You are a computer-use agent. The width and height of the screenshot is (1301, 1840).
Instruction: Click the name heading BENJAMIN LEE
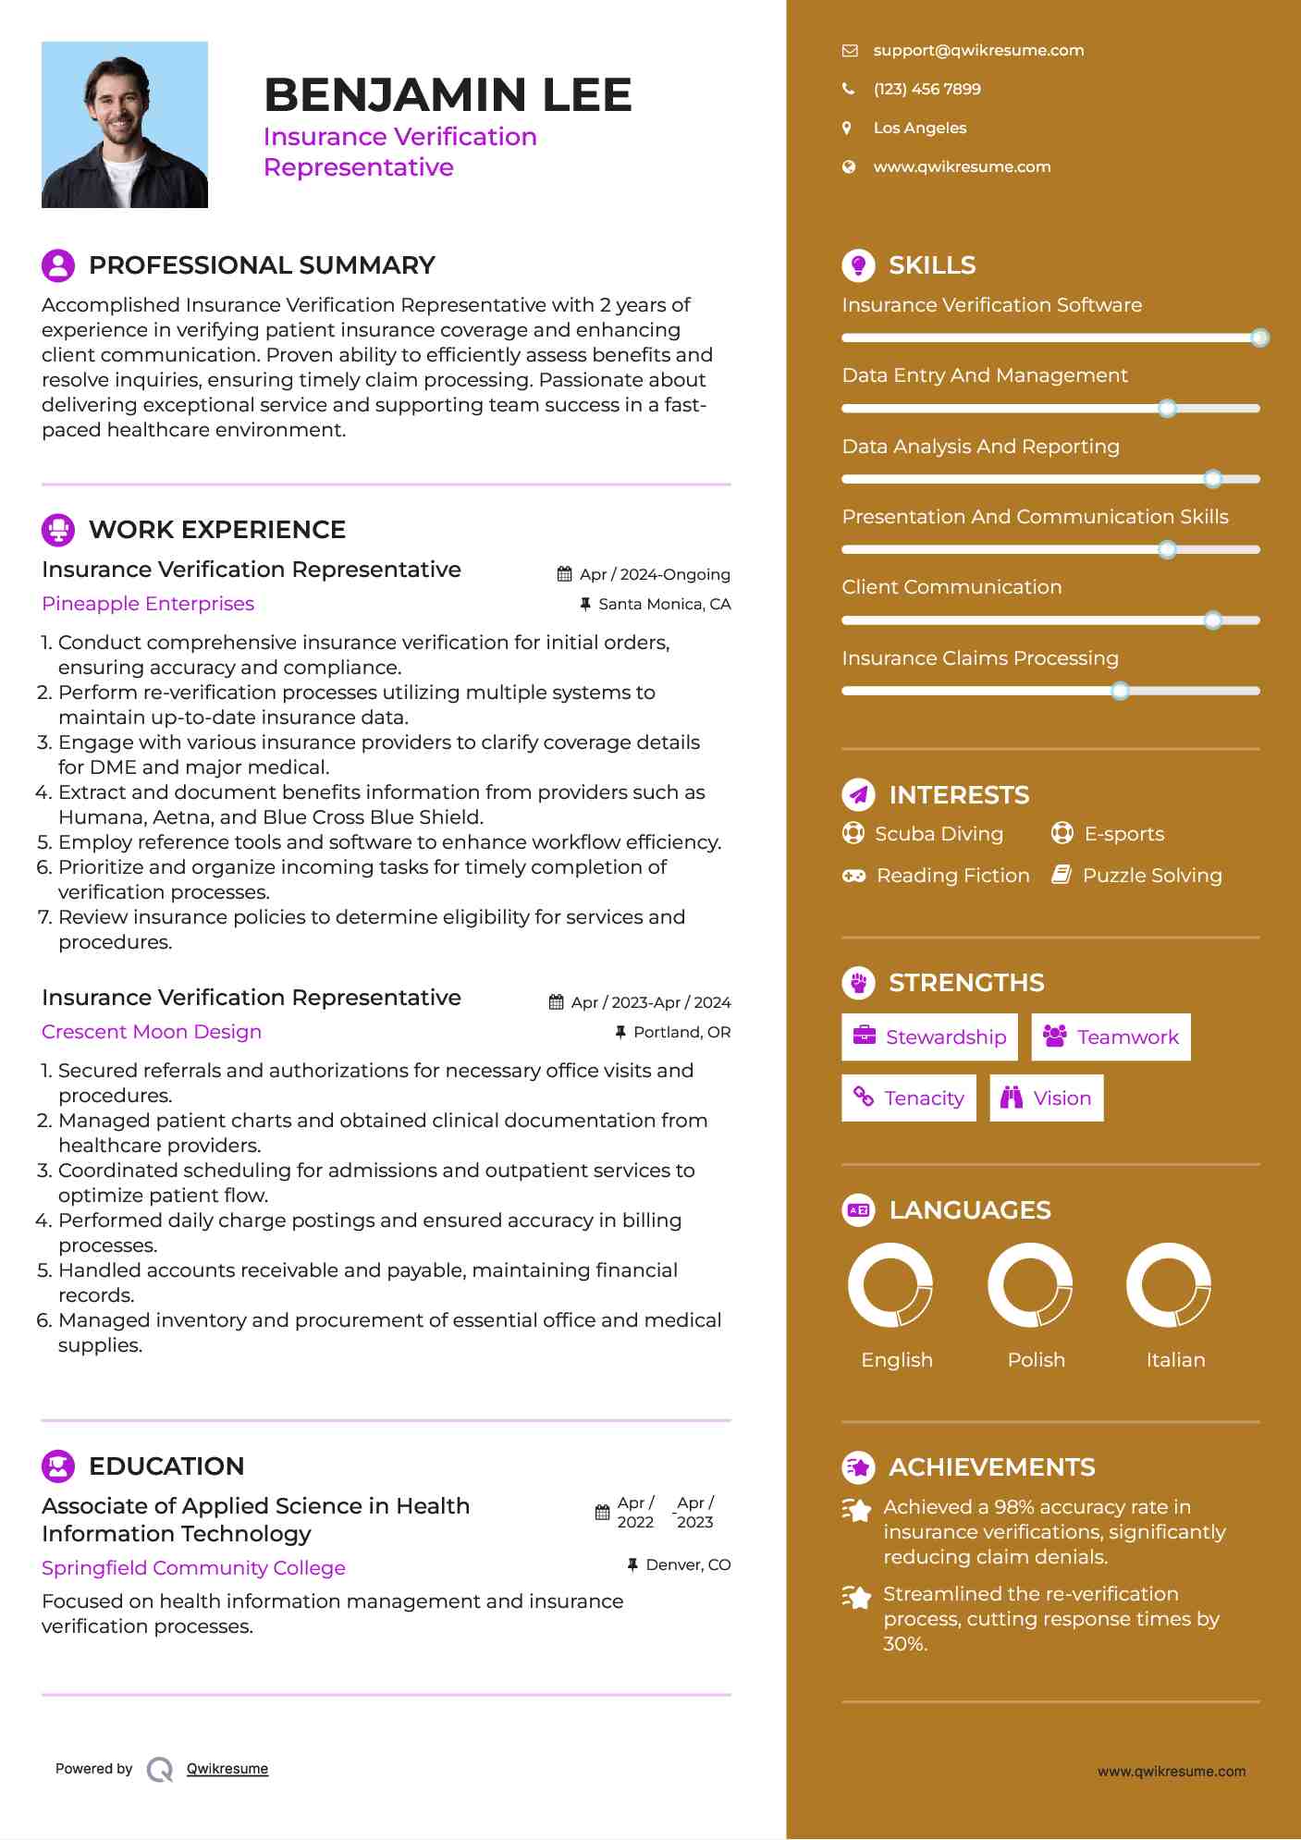[x=448, y=95]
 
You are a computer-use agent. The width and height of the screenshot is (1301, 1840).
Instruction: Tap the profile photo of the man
[x=125, y=125]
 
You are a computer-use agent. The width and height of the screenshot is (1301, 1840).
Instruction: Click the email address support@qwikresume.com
[x=978, y=51]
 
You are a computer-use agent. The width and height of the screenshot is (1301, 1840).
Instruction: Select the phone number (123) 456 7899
[x=927, y=90]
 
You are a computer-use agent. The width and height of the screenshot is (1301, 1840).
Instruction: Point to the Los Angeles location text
[x=919, y=129]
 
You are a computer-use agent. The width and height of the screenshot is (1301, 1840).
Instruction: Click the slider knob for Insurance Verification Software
[x=1259, y=338]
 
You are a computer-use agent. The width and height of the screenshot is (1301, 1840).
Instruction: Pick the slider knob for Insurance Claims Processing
[x=1120, y=691]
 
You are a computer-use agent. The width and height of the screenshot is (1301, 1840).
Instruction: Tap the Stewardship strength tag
[x=929, y=1037]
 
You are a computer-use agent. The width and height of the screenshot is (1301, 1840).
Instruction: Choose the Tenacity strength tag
[x=908, y=1098]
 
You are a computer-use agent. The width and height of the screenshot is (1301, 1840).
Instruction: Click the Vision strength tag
[x=1046, y=1098]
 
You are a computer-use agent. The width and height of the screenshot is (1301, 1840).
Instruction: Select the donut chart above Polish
[x=1030, y=1285]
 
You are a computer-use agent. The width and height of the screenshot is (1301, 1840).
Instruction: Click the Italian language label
[x=1175, y=1360]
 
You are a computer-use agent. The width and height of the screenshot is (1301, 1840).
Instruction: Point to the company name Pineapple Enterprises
[x=148, y=604]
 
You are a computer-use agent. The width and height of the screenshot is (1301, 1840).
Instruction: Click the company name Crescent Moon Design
[x=152, y=1032]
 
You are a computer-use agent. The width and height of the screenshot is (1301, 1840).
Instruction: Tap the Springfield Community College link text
[x=193, y=1568]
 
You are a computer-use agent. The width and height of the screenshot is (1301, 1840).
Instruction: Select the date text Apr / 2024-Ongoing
[x=655, y=575]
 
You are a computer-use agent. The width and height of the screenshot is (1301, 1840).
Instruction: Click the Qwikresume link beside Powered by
[x=227, y=1769]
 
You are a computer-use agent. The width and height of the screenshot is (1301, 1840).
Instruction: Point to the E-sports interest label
[x=1123, y=834]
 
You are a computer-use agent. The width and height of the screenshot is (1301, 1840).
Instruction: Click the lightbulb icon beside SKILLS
[x=858, y=265]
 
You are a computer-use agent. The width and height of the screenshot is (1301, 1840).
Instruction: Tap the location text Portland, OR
[x=681, y=1033]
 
